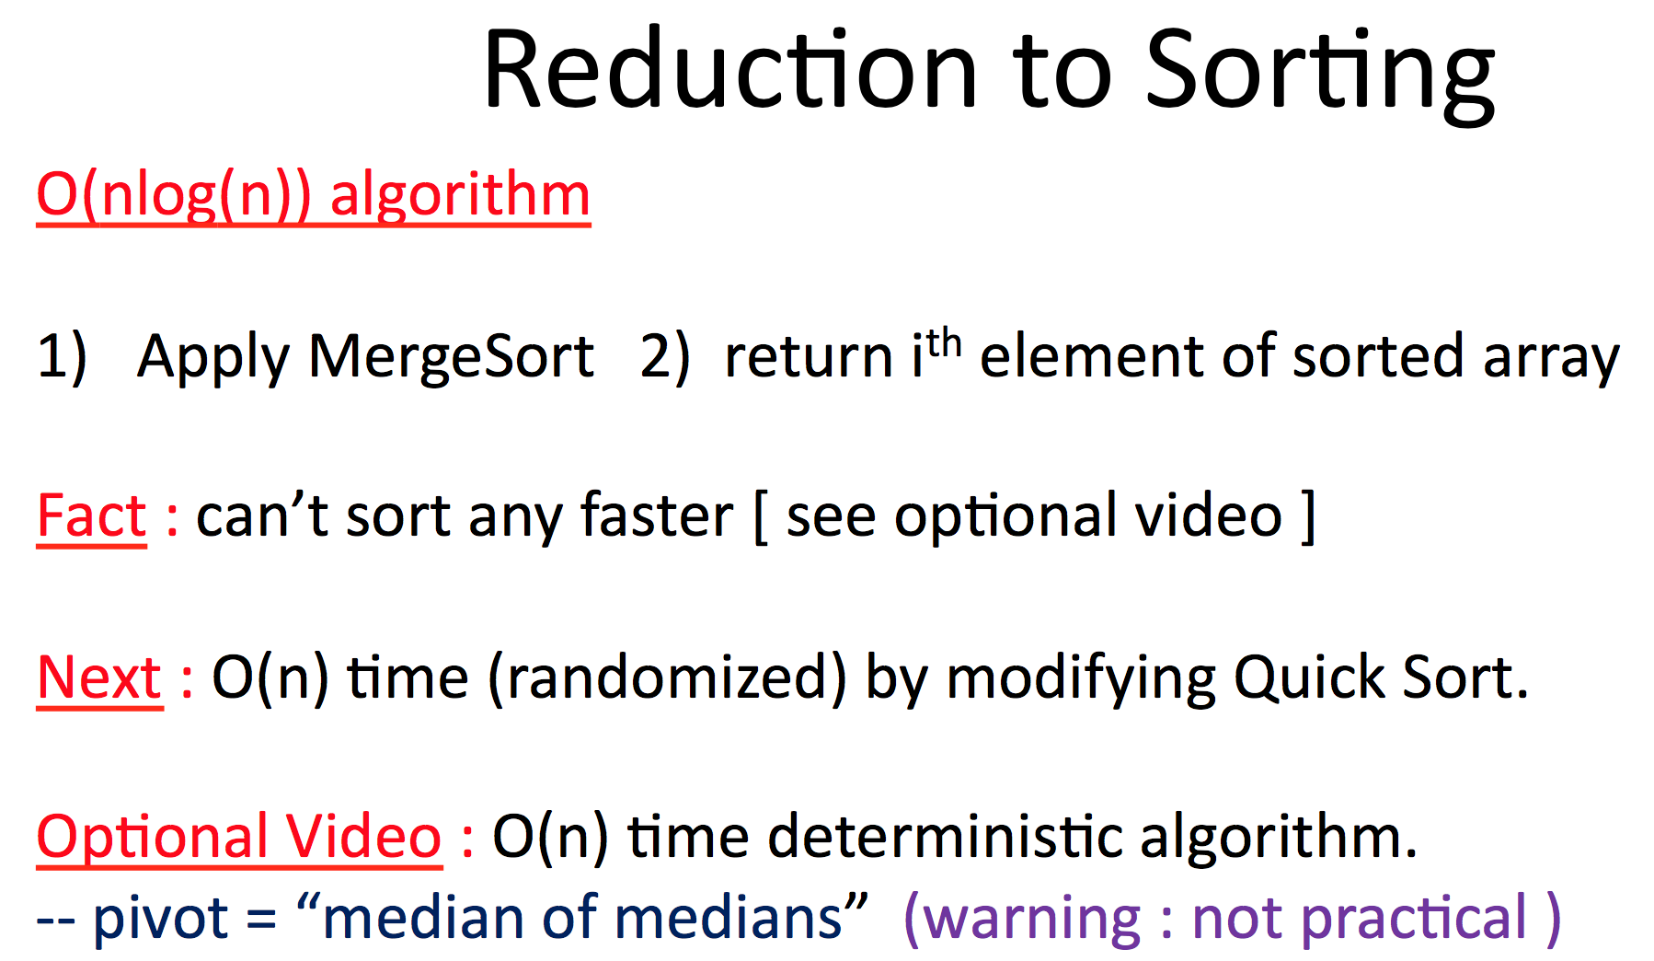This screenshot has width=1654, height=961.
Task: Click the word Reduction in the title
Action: point(731,72)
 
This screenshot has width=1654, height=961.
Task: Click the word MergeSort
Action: point(451,357)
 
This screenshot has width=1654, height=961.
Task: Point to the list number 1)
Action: point(62,357)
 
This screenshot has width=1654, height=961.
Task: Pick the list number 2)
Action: point(664,357)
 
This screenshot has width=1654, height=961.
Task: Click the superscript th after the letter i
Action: point(944,344)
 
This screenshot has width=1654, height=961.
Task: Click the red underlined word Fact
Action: point(91,515)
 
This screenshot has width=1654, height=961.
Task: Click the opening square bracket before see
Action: point(761,517)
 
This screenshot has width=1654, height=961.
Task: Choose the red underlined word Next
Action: point(99,678)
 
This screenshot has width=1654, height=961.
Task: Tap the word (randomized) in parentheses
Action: point(667,678)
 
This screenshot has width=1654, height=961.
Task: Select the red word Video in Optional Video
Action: point(363,838)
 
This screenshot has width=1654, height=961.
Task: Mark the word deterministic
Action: point(946,838)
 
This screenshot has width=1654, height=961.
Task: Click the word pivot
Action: point(161,919)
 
